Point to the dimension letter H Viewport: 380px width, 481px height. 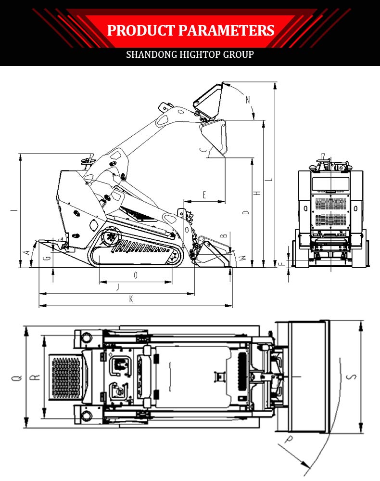[258, 192]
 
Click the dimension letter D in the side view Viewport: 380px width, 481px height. [246, 212]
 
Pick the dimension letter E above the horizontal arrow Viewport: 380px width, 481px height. [204, 195]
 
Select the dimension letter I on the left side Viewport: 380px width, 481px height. [15, 210]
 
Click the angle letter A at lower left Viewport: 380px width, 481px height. [27, 252]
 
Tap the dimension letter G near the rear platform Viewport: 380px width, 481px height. [47, 258]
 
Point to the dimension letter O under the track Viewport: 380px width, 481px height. [136, 275]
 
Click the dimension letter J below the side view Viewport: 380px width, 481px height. [118, 287]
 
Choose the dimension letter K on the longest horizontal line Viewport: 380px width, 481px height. [131, 299]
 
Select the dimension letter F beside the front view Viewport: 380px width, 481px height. [284, 263]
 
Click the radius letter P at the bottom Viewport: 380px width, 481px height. [289, 439]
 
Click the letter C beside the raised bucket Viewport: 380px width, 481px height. [203, 151]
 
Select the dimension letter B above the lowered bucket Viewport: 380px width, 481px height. [223, 235]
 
